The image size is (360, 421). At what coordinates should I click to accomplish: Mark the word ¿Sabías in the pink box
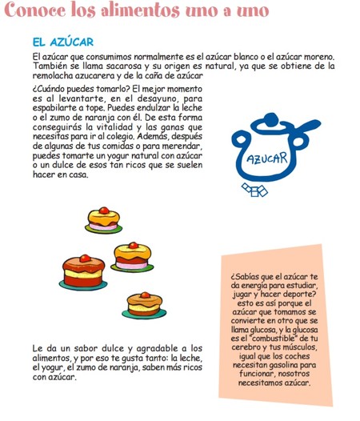(246, 277)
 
